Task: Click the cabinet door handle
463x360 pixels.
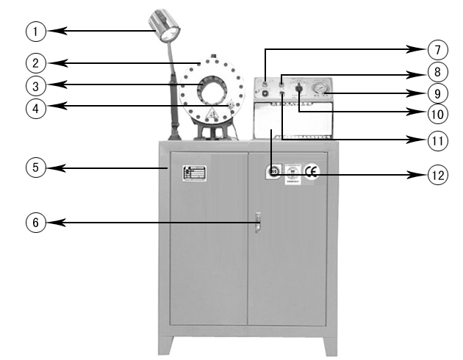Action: (258, 222)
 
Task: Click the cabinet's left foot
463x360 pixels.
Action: (167, 343)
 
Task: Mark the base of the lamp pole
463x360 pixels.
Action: (175, 134)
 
